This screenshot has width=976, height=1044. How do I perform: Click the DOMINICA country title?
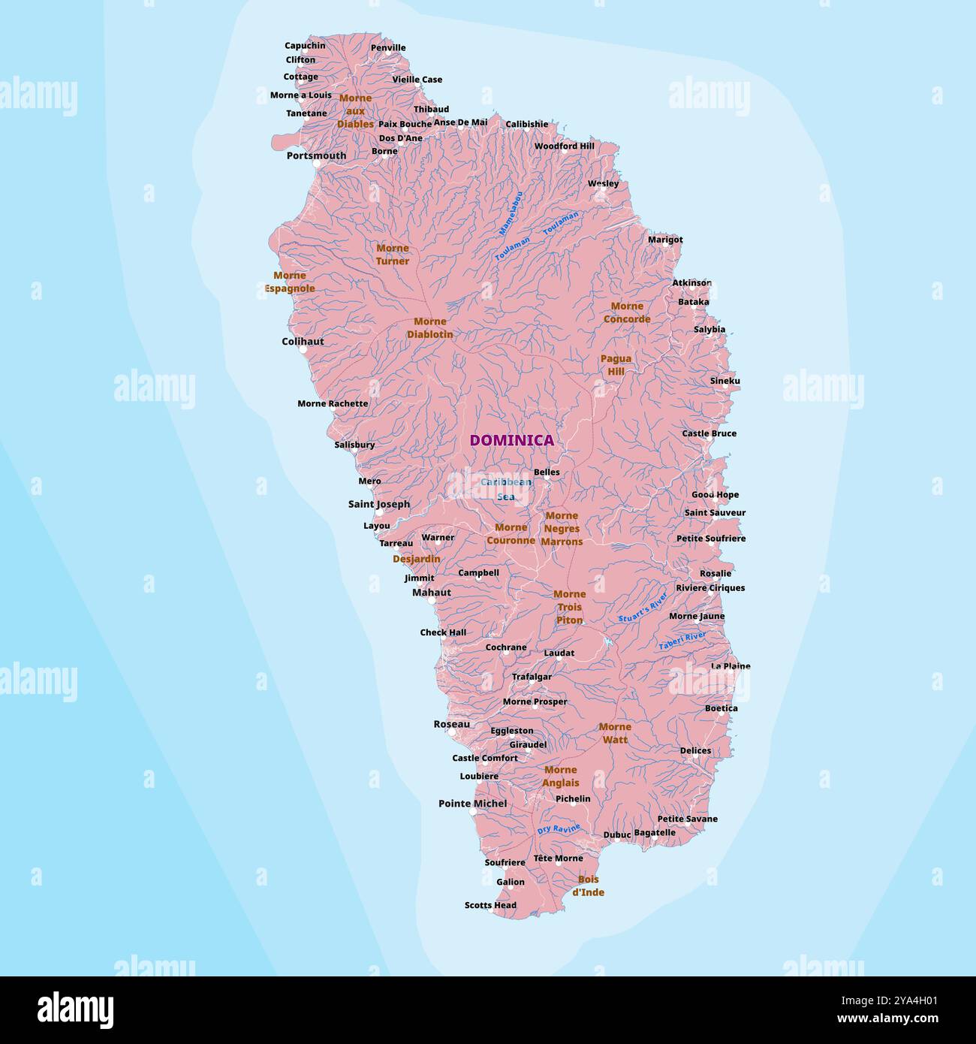coord(511,441)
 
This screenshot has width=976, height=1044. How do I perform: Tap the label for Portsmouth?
coord(316,156)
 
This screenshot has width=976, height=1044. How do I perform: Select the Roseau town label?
coord(451,724)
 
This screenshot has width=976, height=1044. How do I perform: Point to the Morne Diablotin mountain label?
coord(430,327)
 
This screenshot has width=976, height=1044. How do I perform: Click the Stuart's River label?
coord(643,608)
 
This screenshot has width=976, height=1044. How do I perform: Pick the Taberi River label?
coord(682,641)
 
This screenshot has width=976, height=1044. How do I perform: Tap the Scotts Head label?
coord(490,905)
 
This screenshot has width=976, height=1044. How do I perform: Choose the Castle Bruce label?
coord(709,433)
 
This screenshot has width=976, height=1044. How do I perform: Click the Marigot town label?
coord(665,240)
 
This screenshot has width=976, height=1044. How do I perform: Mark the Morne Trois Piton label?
coord(569,607)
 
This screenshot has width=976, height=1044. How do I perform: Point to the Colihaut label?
coord(303,342)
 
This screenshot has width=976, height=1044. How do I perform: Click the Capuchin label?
coord(305,46)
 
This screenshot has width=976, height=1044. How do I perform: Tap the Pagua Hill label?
coord(616,365)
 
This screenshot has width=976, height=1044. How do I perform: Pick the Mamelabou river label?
coord(511,214)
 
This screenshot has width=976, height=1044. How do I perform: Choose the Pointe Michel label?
coord(472,804)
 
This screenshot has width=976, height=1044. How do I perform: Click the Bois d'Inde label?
coord(588,886)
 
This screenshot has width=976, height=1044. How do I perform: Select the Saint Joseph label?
coord(379,504)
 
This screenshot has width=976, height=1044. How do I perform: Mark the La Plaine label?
coord(730,666)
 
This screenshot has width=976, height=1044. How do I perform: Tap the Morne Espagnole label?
coord(289,282)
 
